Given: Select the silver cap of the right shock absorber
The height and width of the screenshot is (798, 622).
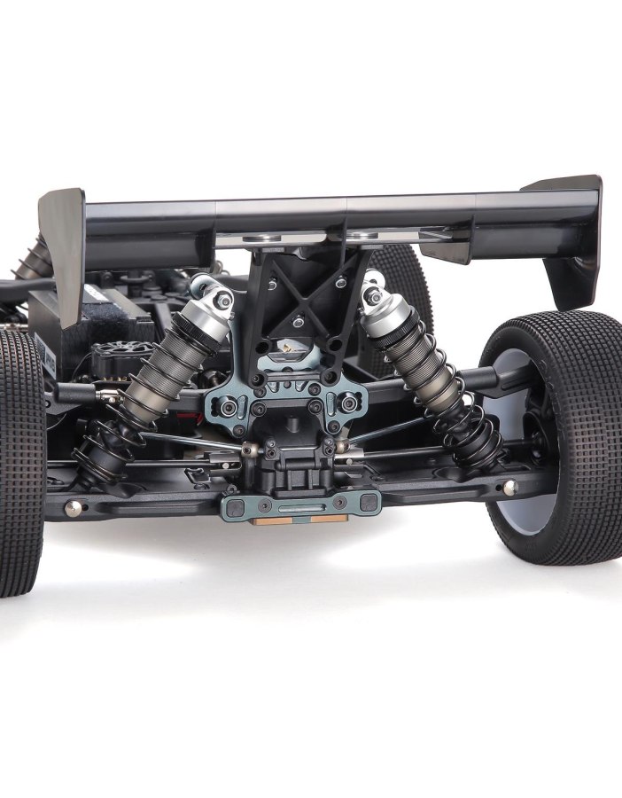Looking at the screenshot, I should click(x=383, y=306).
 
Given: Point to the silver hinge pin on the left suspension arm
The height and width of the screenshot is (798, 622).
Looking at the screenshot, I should click(x=74, y=507).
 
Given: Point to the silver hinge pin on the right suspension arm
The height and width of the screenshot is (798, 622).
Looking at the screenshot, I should click(x=508, y=487).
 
